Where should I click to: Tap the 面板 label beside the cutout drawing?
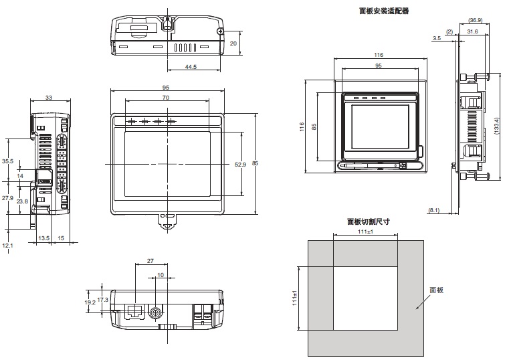pos(436,290)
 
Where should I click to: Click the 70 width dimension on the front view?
pos(166,97)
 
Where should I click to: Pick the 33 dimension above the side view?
pos(49,97)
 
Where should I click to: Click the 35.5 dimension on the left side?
pos(7,161)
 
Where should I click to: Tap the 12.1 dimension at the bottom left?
pos(7,246)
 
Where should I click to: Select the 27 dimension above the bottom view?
pos(150,260)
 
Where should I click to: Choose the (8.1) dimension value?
pos(434,211)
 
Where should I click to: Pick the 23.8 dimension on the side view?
pos(22,201)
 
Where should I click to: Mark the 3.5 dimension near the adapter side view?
pos(436,39)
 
